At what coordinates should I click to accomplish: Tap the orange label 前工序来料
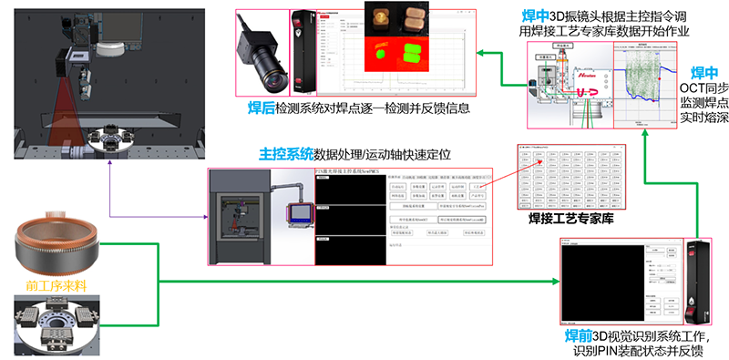[49, 285]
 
